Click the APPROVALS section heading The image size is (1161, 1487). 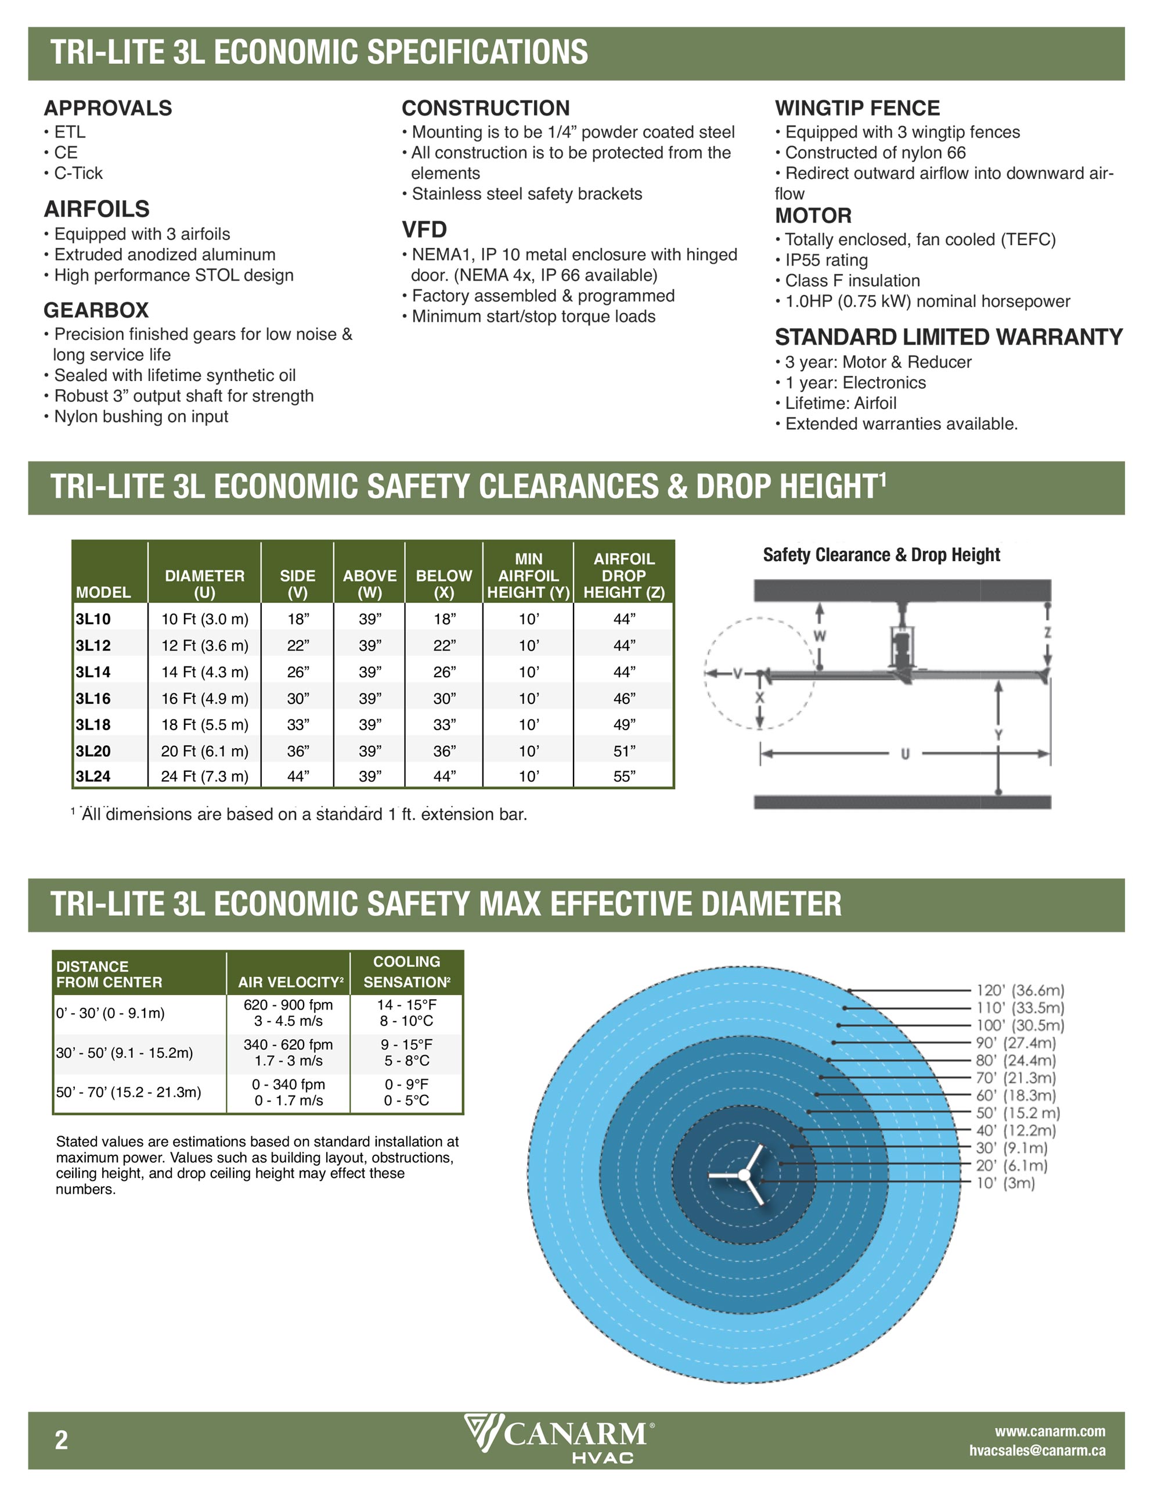tap(107, 107)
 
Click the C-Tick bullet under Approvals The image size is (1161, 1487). tap(78, 173)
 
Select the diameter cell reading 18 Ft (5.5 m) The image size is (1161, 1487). tap(204, 724)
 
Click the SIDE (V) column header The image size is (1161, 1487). tap(297, 584)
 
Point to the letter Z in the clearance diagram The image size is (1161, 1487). tap(1047, 633)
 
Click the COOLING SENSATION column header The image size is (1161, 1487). tap(406, 972)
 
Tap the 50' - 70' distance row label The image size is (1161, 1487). tap(129, 1092)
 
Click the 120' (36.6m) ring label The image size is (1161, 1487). tap(1019, 990)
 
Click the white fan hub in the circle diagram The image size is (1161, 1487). tap(744, 1175)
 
